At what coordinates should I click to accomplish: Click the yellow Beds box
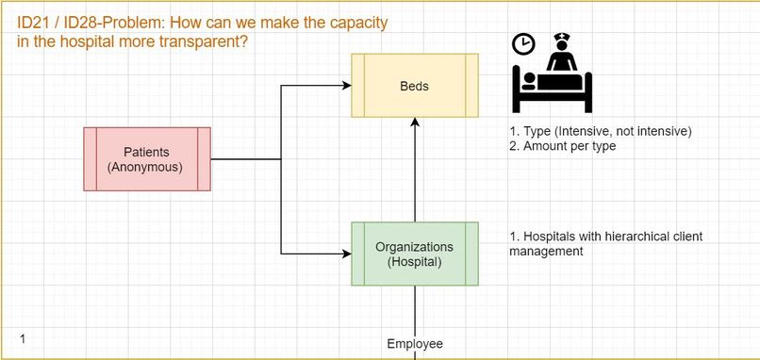click(x=415, y=86)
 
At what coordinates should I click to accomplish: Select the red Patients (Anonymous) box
click(x=146, y=159)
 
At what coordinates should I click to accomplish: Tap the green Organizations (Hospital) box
click(x=415, y=254)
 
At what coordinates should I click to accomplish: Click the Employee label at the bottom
click(x=415, y=344)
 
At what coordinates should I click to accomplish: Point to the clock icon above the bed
click(x=523, y=43)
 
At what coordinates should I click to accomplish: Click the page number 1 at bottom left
click(x=22, y=337)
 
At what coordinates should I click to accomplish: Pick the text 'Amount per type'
click(x=570, y=146)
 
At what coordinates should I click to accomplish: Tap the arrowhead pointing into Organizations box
click(x=346, y=254)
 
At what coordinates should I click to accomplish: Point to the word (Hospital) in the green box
click(x=415, y=262)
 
